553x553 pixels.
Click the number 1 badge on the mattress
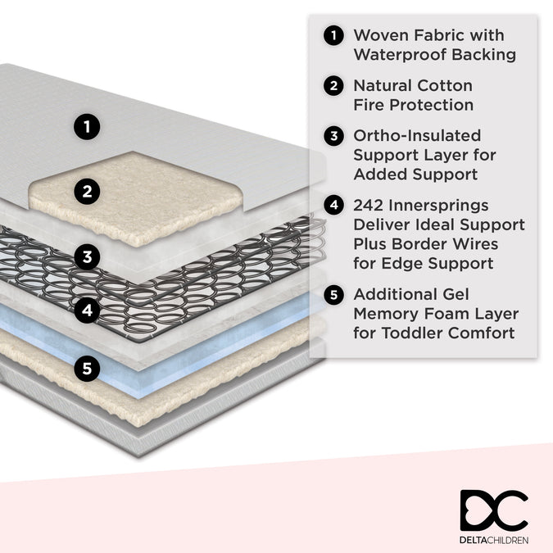pyautogui.click(x=87, y=127)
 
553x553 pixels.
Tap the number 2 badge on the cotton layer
pyautogui.click(x=87, y=193)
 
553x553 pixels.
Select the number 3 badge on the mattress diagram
pyautogui.click(x=87, y=257)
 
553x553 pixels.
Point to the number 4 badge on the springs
pyautogui.click(x=87, y=310)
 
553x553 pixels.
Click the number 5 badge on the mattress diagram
pyautogui.click(x=87, y=369)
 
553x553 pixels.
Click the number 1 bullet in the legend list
pyautogui.click(x=333, y=35)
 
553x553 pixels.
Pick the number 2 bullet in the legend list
pyautogui.click(x=333, y=85)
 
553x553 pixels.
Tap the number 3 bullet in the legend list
pyautogui.click(x=333, y=135)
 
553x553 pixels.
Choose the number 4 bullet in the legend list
pyautogui.click(x=333, y=205)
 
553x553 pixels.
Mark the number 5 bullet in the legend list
pyautogui.click(x=333, y=293)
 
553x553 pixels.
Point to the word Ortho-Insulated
pyautogui.click(x=417, y=135)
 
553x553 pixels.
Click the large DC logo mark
pyautogui.click(x=493, y=510)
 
